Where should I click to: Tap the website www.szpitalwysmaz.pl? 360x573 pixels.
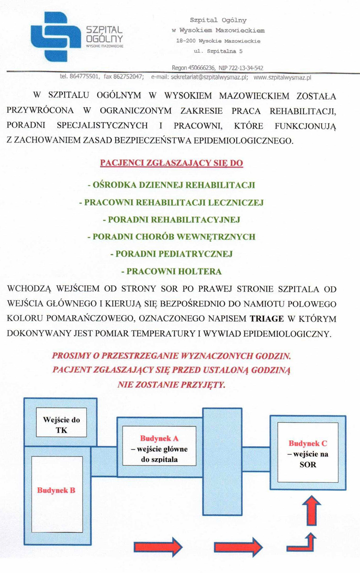[283, 77]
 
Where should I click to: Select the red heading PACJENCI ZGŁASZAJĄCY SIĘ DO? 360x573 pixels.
[171, 163]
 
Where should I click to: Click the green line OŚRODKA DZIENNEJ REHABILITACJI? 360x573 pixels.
[171, 185]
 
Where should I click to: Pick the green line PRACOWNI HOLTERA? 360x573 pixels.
[171, 271]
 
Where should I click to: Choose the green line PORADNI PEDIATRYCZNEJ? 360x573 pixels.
[171, 254]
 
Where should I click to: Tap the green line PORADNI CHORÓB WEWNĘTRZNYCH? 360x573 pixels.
[171, 237]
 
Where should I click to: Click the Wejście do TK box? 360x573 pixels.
[61, 425]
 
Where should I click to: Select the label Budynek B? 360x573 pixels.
[56, 490]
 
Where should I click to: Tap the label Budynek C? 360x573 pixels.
[308, 444]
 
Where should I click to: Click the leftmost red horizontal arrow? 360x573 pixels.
[157, 547]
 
